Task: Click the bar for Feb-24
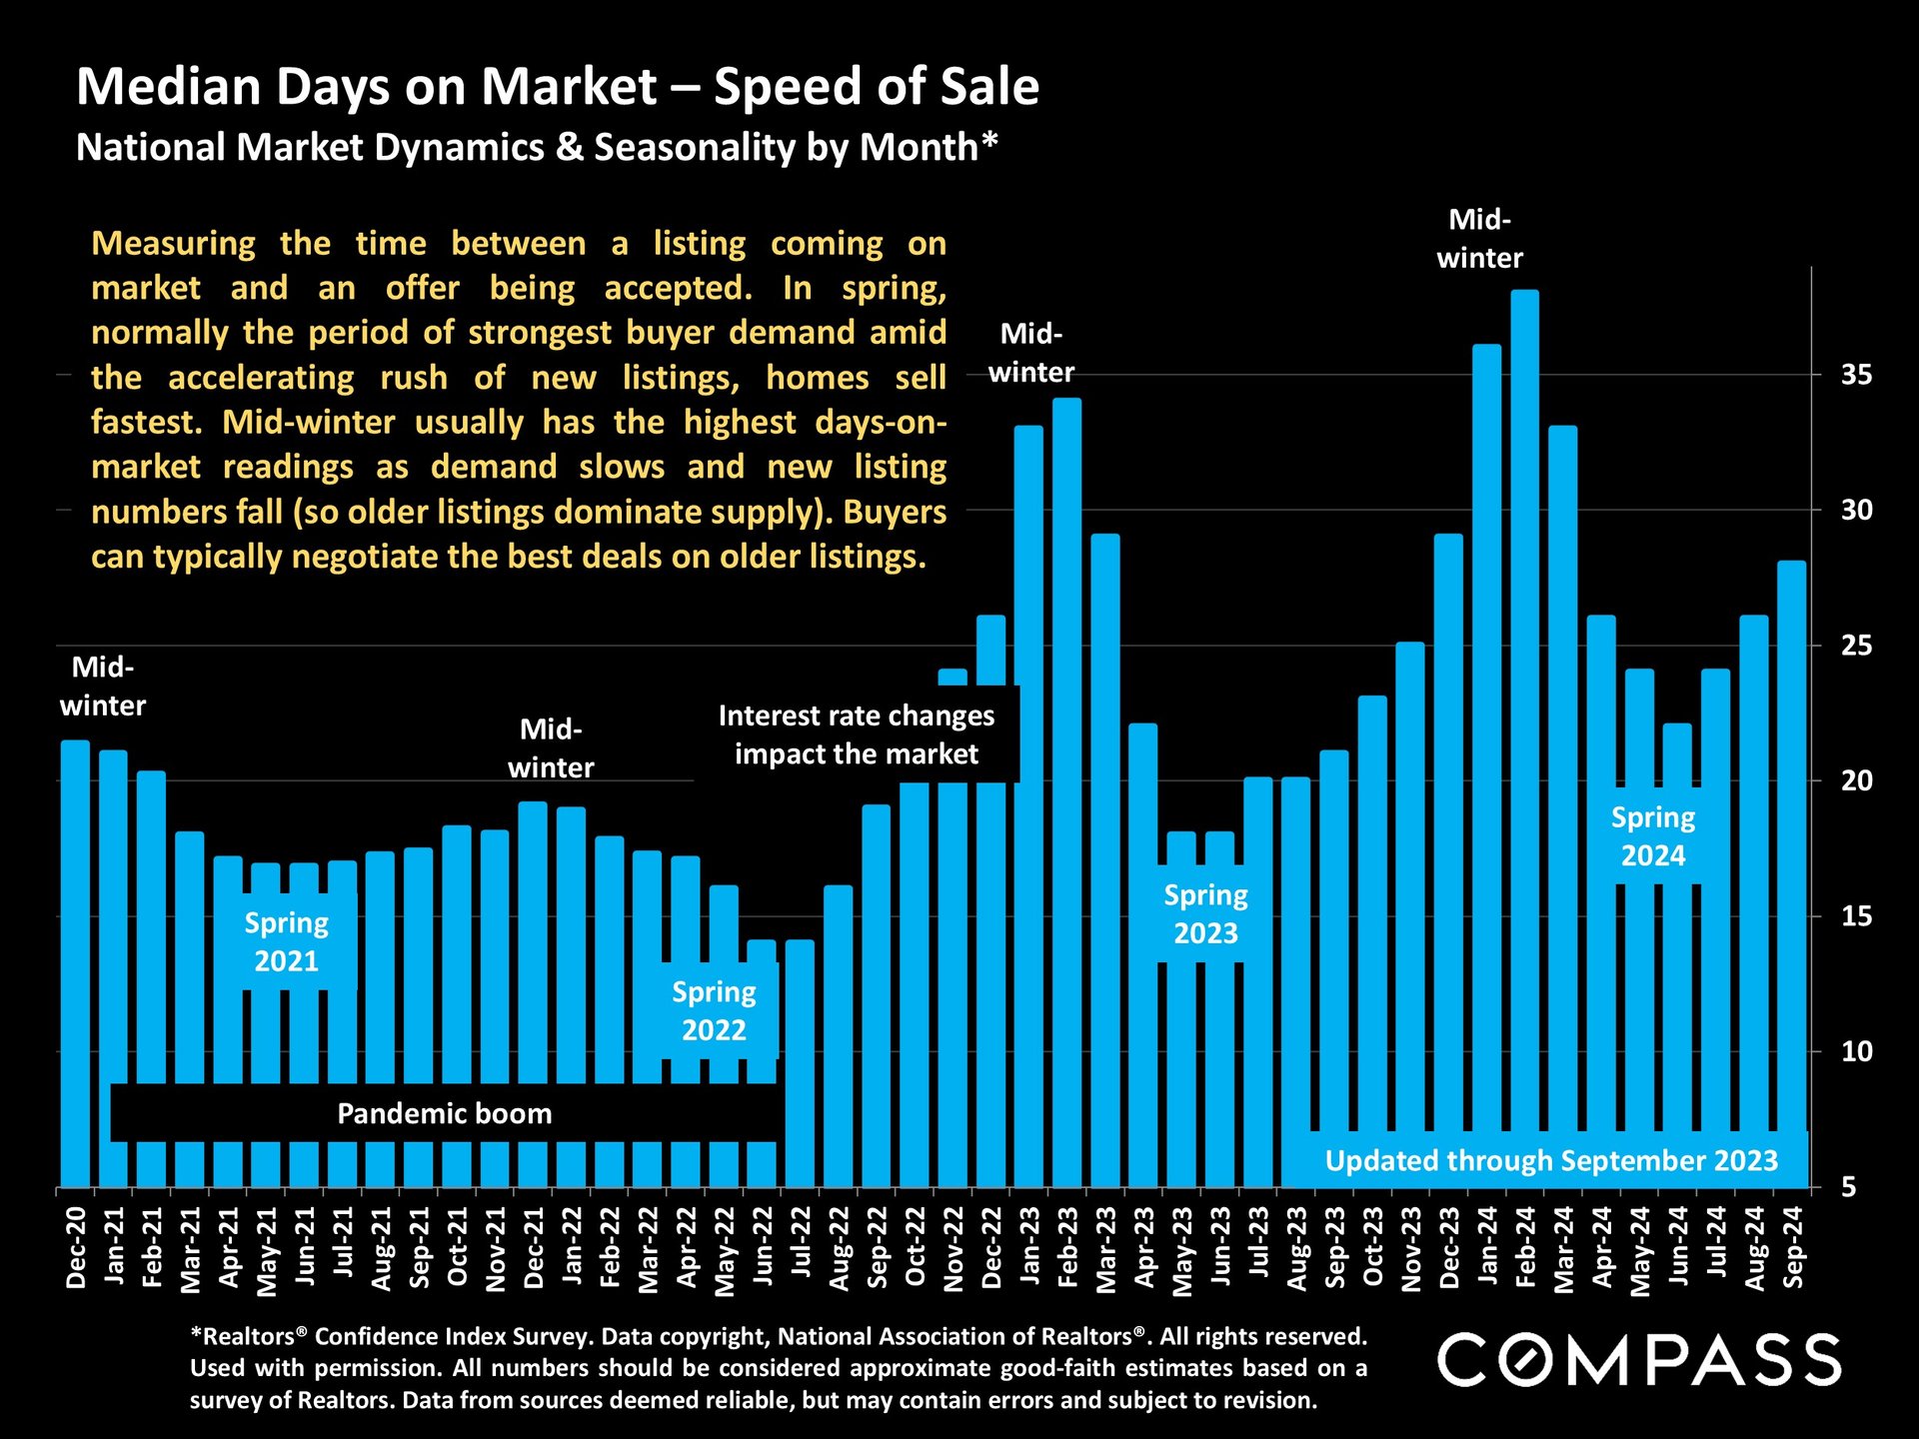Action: tap(1524, 700)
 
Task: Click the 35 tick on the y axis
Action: tap(1856, 376)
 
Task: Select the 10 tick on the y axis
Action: tap(1856, 1051)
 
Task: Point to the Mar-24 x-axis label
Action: tap(1564, 1249)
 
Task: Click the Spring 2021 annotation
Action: tap(287, 941)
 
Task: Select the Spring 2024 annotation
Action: tap(1653, 836)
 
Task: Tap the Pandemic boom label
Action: tap(444, 1113)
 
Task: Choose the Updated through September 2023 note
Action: tap(1551, 1160)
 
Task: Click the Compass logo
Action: tap(1639, 1360)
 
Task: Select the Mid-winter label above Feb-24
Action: tap(1479, 239)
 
